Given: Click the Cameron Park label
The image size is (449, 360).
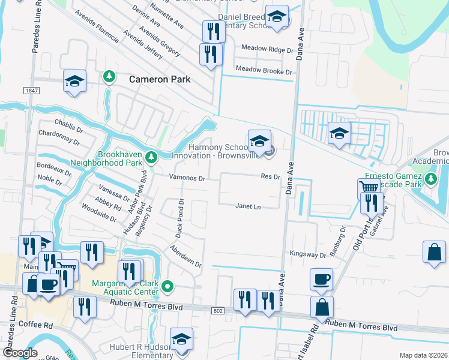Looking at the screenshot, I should click(x=160, y=79).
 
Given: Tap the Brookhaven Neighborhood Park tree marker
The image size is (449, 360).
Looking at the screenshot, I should click(x=152, y=157).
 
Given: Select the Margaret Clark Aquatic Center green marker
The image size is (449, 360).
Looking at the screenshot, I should click(x=167, y=287).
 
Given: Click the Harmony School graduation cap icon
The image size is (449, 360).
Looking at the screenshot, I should click(x=259, y=141).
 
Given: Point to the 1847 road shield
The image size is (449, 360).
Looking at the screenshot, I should click(x=32, y=90).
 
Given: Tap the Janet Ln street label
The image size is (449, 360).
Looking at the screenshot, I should click(x=248, y=206).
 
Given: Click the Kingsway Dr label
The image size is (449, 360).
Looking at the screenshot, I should click(x=307, y=254).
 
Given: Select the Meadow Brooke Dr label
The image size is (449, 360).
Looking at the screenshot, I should click(x=264, y=71).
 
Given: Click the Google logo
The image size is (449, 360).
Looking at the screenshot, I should click(x=20, y=353).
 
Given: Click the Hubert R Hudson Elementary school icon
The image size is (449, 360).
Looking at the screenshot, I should click(x=181, y=339).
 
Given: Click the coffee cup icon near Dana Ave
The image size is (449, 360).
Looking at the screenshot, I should click(x=321, y=279).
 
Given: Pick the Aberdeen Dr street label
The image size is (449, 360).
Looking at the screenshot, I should click(x=185, y=256).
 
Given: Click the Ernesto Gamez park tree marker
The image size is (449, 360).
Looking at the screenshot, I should click(x=430, y=179).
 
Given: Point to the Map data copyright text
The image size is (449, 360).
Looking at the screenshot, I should click(x=423, y=355).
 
